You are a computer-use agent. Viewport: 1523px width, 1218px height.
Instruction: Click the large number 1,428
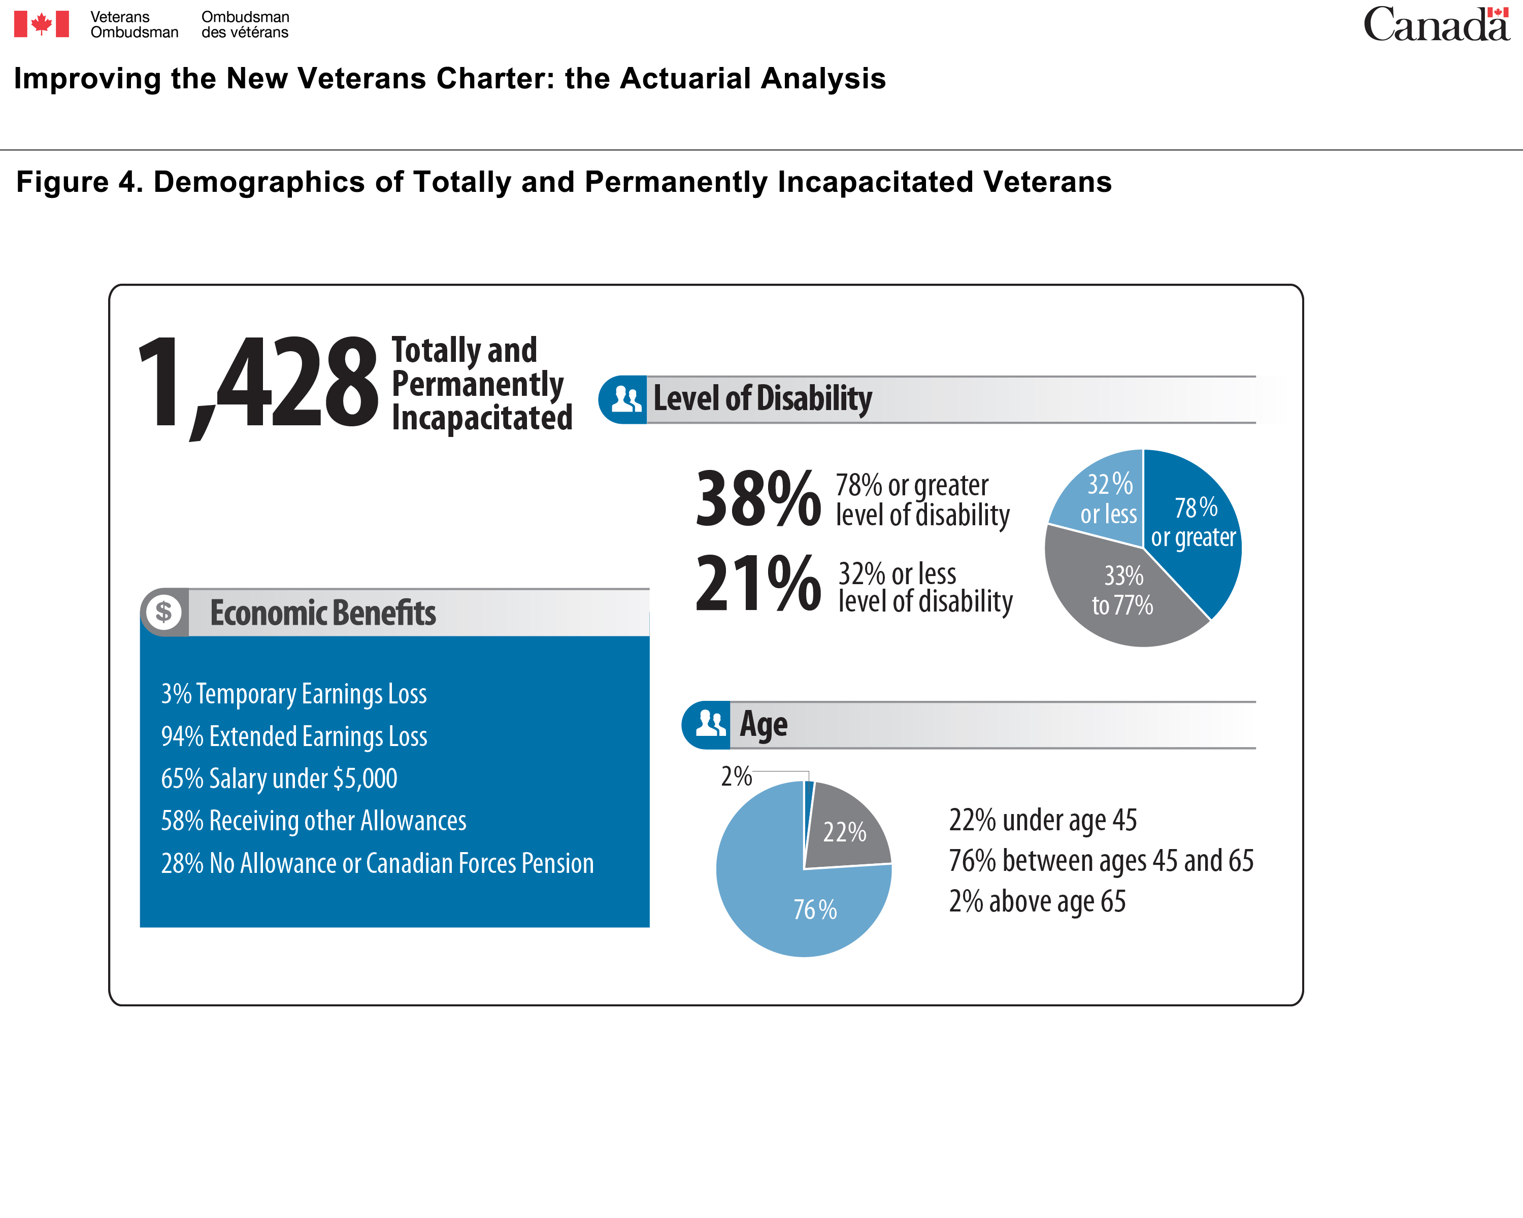(x=258, y=385)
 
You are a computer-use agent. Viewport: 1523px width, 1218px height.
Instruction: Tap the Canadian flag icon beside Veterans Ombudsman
(x=42, y=24)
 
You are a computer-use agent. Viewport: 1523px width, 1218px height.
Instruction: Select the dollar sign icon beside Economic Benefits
(x=164, y=612)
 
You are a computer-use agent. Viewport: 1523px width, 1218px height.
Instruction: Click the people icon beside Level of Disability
(x=626, y=399)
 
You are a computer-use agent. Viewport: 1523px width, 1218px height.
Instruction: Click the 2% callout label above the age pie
(x=736, y=776)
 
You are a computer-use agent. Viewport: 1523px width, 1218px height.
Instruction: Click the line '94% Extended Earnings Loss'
(x=294, y=736)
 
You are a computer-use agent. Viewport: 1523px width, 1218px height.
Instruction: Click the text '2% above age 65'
(x=1037, y=902)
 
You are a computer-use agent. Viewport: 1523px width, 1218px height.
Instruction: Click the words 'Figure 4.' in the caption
(x=80, y=182)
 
